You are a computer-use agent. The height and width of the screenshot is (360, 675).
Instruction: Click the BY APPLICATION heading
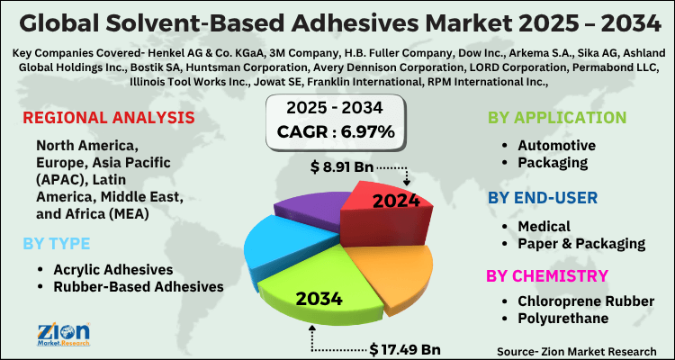[x=556, y=118]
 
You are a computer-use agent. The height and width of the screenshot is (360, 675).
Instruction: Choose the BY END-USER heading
[x=543, y=196]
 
